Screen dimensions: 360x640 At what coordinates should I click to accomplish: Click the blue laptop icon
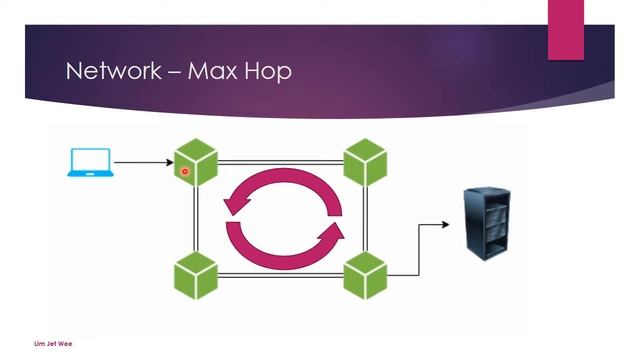tap(89, 163)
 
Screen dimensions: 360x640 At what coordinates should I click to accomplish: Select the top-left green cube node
tap(196, 163)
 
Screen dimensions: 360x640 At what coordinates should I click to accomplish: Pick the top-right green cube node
tap(365, 163)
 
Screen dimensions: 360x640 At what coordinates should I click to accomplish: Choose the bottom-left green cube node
tap(196, 275)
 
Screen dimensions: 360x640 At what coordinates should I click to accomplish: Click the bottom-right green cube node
tap(365, 275)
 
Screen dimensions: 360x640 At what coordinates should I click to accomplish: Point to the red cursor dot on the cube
tap(185, 172)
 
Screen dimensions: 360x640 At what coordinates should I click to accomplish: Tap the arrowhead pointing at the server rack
tap(445, 224)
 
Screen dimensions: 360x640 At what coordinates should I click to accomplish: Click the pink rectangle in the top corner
tap(566, 30)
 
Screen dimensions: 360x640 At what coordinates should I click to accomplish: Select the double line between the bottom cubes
tap(280, 275)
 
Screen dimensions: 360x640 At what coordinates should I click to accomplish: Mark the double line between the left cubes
tap(196, 220)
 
